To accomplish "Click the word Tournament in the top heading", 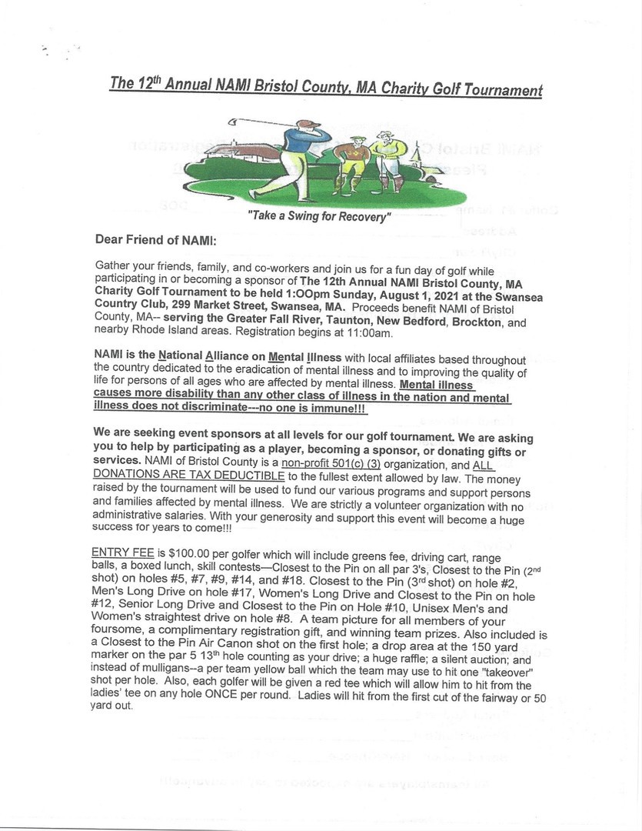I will tap(501, 91).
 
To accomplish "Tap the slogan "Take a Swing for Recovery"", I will tap(319, 217).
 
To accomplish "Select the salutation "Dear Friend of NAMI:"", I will tap(156, 241).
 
